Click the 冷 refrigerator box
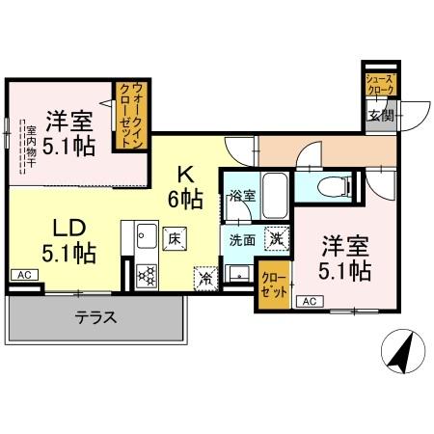point(204,276)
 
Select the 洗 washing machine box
point(275,237)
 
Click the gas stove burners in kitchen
point(148,276)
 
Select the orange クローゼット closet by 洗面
point(272,285)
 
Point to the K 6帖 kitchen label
point(185,187)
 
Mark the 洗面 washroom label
point(240,238)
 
